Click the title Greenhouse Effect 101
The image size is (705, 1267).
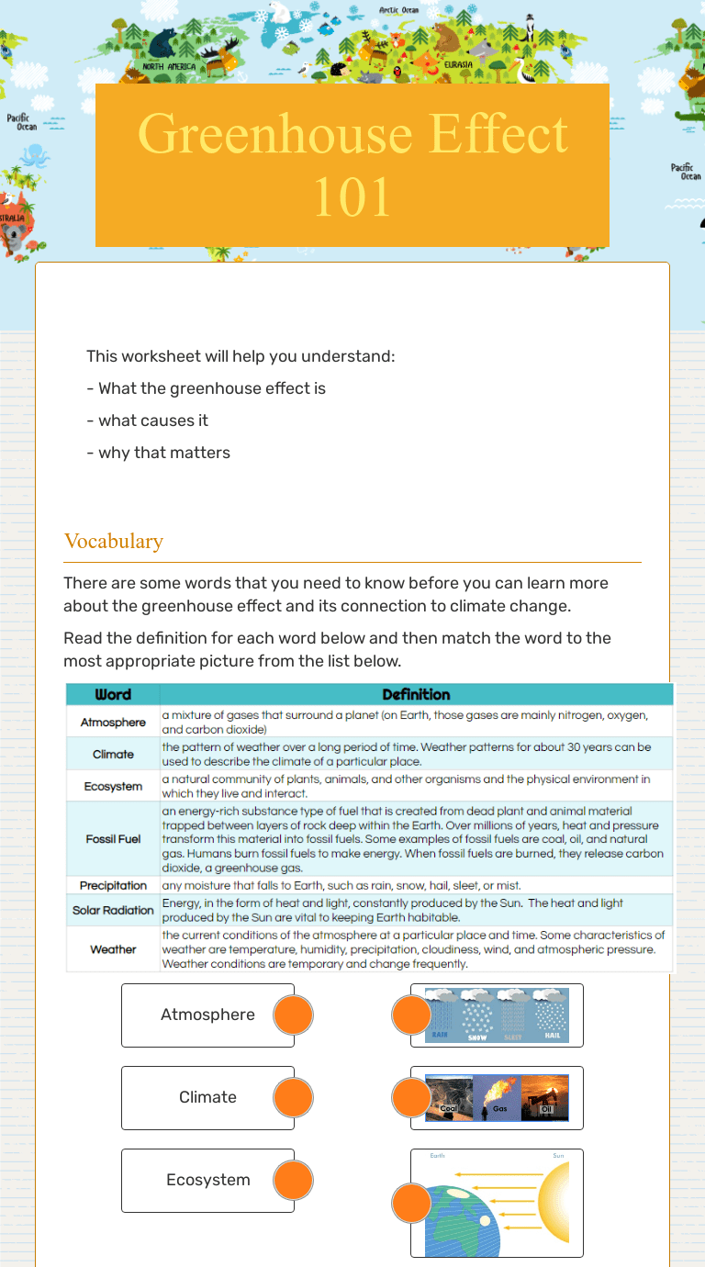tap(352, 165)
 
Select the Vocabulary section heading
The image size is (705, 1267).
tap(114, 541)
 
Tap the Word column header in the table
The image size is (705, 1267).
tap(113, 695)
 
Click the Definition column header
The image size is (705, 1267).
tap(416, 695)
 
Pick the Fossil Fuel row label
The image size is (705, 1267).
tap(113, 839)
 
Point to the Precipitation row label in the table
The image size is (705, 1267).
tap(113, 886)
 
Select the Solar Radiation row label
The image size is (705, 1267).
tap(113, 910)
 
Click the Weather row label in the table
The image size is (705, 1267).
tap(113, 949)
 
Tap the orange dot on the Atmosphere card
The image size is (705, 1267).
tap(294, 1015)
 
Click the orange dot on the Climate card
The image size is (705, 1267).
tap(294, 1097)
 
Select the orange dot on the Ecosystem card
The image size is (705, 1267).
tap(294, 1180)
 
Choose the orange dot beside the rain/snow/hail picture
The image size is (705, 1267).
tap(411, 1015)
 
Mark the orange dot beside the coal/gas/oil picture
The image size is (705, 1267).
tap(411, 1097)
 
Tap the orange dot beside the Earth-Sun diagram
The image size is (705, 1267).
tap(411, 1203)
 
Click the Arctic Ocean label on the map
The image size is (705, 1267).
tap(399, 11)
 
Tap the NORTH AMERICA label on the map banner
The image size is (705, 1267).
tap(169, 67)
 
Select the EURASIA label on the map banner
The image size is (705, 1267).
tap(457, 65)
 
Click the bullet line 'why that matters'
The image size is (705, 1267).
tap(158, 453)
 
